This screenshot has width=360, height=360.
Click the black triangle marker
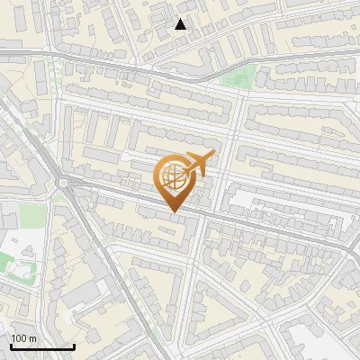(x=181, y=24)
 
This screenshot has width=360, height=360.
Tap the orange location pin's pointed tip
(x=174, y=211)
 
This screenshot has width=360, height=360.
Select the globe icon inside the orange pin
(x=174, y=177)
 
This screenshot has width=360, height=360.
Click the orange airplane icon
(x=198, y=165)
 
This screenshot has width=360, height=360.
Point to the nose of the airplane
(x=212, y=154)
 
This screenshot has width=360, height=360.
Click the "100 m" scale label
(x=24, y=338)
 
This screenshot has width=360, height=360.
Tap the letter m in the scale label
(x=33, y=338)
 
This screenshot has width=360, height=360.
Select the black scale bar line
(x=42, y=346)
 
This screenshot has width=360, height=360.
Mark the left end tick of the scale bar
(x=11, y=345)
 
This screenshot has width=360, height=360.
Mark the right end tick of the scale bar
(x=74, y=345)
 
